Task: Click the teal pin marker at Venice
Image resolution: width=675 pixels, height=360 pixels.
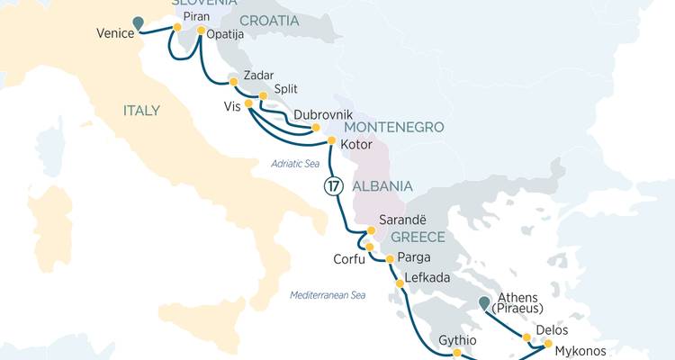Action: point(138,23)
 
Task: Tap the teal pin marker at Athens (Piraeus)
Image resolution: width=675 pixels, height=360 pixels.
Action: point(485,303)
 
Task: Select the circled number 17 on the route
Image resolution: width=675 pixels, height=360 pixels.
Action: point(333,187)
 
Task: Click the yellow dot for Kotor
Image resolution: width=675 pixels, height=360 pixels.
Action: point(331,141)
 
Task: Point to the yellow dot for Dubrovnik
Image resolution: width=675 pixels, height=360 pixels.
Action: point(316,129)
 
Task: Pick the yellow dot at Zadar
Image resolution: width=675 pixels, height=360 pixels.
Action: point(233,82)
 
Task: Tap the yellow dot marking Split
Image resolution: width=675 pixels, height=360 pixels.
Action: point(263,96)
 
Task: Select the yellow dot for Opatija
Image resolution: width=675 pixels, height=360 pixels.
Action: point(201,30)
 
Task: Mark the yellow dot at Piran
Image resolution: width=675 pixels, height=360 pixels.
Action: point(177,29)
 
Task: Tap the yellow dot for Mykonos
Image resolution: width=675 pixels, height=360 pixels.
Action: point(548,343)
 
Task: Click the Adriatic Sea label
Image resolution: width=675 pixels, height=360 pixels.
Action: point(295,163)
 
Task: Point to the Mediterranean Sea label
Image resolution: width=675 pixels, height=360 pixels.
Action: point(328,295)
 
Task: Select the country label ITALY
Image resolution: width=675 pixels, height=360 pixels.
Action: point(141,111)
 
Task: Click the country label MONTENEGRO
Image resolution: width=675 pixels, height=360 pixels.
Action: point(393,127)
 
